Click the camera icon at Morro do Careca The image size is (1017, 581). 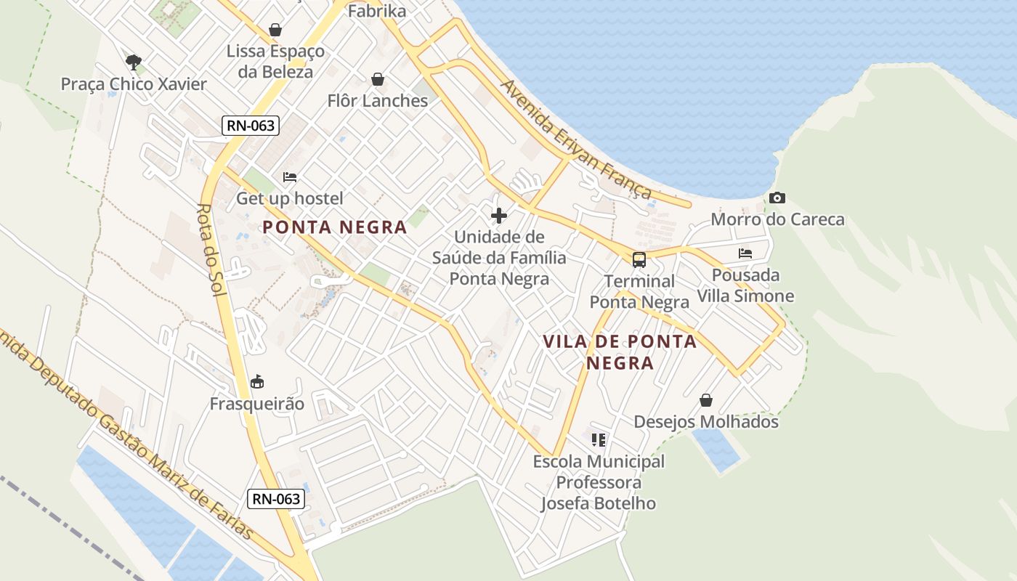[777, 198]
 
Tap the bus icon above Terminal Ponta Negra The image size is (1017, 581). [639, 260]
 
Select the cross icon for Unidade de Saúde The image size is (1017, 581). [499, 216]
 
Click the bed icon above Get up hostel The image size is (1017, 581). [290, 177]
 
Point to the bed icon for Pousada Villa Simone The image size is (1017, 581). [745, 253]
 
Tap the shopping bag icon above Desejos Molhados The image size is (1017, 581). [705, 400]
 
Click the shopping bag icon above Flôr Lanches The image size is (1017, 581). [378, 79]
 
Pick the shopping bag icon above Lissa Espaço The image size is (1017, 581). [275, 30]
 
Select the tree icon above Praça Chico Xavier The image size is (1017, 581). [133, 62]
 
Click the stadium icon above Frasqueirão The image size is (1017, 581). [257, 382]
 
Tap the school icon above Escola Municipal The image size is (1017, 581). [599, 439]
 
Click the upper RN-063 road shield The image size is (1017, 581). [251, 126]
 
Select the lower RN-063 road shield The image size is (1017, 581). [275, 499]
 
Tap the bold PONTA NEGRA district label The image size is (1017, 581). [334, 227]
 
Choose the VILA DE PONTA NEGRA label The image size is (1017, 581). [620, 352]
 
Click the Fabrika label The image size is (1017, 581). [377, 11]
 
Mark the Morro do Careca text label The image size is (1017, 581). [777, 219]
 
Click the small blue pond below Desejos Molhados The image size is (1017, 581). [716, 450]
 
